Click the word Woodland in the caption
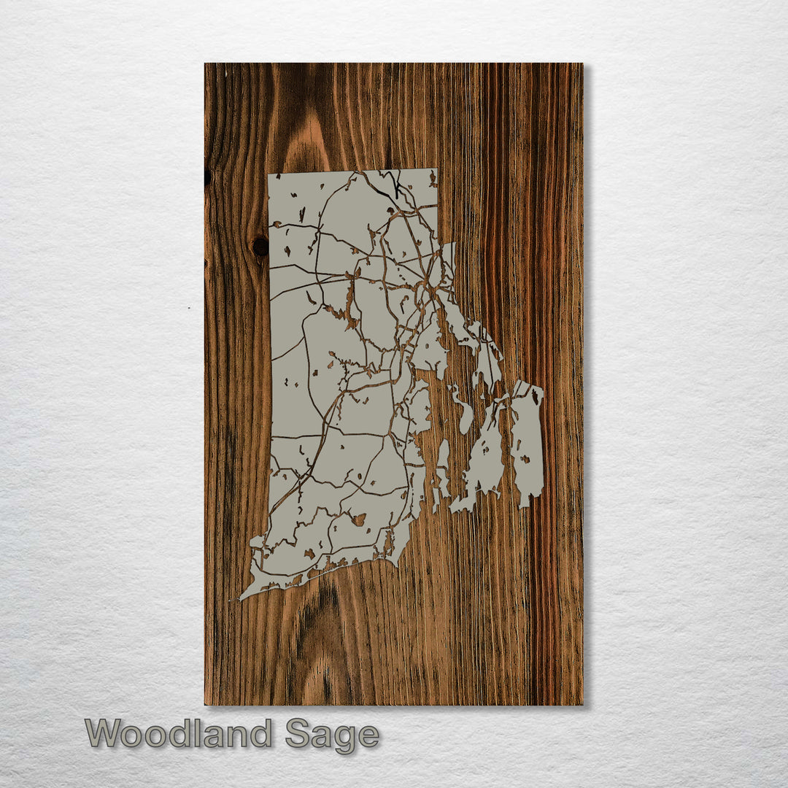179,733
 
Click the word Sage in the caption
332,735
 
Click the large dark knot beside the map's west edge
260,247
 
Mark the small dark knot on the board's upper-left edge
208,177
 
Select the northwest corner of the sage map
270,175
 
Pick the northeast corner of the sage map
436,171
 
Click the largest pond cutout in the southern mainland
358,519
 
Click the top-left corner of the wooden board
206,64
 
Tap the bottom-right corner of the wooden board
582,704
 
